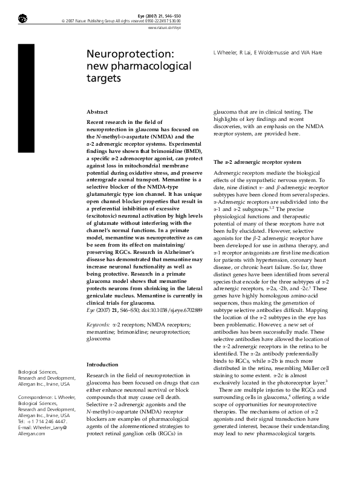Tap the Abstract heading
pyautogui.click(x=97, y=112)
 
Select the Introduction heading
pyautogui.click(x=103, y=365)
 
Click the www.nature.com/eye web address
pyautogui.click(x=165, y=27)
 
